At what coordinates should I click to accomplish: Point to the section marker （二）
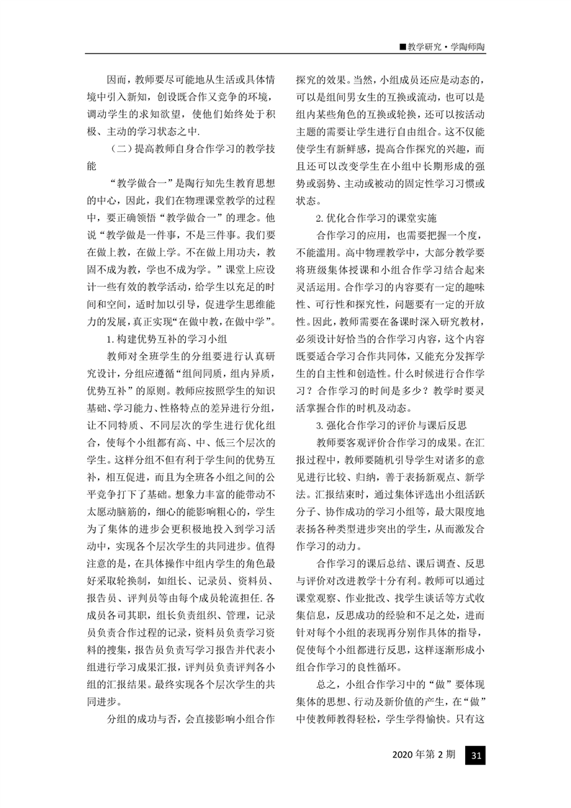pos(117,149)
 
